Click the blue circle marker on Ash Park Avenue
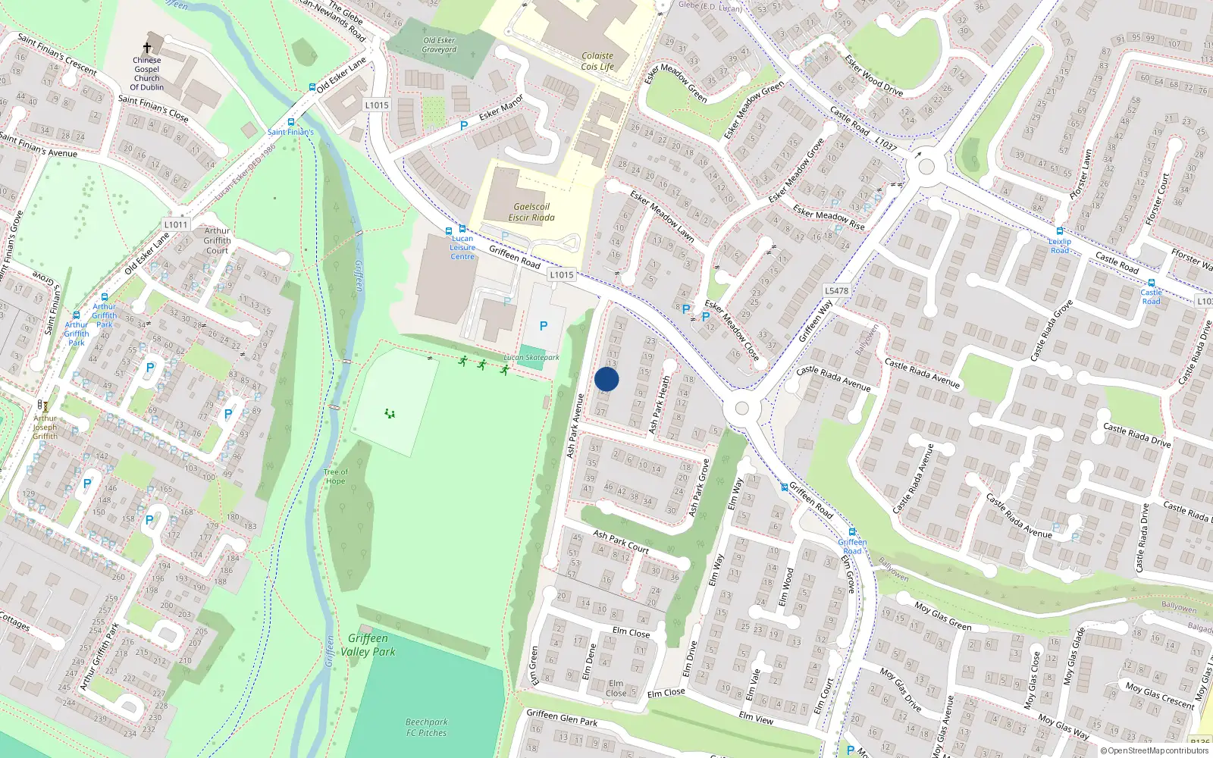[x=606, y=380]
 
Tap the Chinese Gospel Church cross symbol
[x=147, y=47]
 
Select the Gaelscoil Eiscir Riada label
[x=531, y=212]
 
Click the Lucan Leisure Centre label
[x=462, y=248]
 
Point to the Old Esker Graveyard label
[x=439, y=45]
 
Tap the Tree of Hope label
[x=335, y=476]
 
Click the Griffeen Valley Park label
[x=368, y=645]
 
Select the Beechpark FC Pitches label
[x=426, y=728]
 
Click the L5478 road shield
[x=836, y=290]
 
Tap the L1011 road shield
[x=175, y=224]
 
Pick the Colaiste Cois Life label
[x=597, y=61]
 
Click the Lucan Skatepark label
[x=531, y=357]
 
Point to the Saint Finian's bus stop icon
[x=291, y=122]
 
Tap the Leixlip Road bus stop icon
[x=1060, y=231]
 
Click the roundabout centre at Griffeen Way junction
[x=741, y=409]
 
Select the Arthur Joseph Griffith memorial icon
[x=44, y=406]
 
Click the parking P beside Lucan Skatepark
[x=543, y=326]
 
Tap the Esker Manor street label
[x=500, y=108]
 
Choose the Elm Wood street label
[x=787, y=587]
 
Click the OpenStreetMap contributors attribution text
[x=1155, y=750]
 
